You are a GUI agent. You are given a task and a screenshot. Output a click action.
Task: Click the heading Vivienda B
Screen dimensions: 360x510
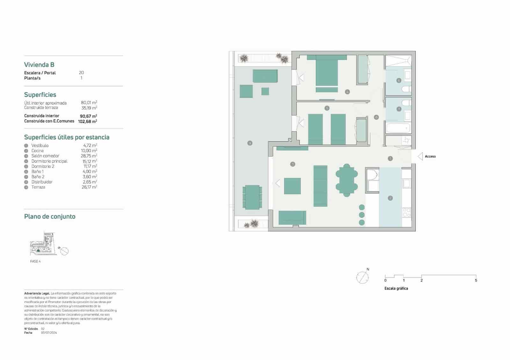pyautogui.click(x=39, y=65)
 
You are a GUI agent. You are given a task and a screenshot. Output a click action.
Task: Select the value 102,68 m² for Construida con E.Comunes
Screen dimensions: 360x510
pyautogui.click(x=88, y=121)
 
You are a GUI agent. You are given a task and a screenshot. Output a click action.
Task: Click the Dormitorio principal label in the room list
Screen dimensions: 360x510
pyautogui.click(x=49, y=161)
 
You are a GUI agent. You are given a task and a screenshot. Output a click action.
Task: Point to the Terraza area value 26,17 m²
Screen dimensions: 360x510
pyautogui.click(x=89, y=187)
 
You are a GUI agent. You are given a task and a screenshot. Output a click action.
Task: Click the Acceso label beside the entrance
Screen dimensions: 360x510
pyautogui.click(x=430, y=156)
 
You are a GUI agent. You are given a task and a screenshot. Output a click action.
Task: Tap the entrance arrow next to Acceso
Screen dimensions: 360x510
pyautogui.click(x=420, y=156)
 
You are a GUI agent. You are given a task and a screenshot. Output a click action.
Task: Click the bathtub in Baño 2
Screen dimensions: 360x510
pyautogui.click(x=398, y=128)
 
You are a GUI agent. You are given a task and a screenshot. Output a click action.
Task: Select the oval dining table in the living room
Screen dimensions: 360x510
pyautogui.click(x=346, y=179)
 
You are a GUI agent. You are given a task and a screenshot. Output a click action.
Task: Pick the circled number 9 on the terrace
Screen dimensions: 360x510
pyautogui.click(x=250, y=143)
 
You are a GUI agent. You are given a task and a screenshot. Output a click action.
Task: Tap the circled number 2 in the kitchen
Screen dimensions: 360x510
pyautogui.click(x=390, y=198)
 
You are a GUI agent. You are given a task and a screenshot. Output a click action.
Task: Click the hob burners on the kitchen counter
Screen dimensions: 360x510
pyautogui.click(x=406, y=212)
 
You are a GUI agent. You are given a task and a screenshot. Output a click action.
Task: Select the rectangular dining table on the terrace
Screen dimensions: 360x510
pyautogui.click(x=252, y=197)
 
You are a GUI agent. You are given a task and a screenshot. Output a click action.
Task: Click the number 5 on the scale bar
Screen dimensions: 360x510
pyautogui.click(x=476, y=280)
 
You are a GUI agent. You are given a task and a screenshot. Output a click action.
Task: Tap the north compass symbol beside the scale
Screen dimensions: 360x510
pyautogui.click(x=362, y=277)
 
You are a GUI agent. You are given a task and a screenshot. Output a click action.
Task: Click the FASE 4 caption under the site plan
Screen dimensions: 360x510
pyautogui.click(x=35, y=261)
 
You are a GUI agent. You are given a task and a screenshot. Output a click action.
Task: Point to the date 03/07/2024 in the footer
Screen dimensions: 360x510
pyautogui.click(x=49, y=333)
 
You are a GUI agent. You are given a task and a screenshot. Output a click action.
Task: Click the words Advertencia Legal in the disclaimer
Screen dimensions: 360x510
pyautogui.click(x=37, y=293)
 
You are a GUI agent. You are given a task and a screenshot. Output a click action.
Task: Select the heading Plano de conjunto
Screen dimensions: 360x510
pyautogui.click(x=50, y=217)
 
